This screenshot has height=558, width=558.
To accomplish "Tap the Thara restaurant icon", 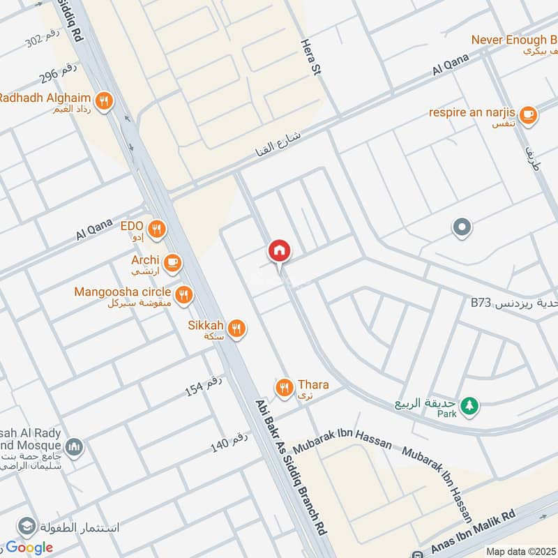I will tap(284, 388).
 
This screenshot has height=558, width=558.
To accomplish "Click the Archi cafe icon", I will tap(173, 263).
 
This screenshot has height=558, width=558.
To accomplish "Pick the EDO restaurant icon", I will tap(157, 227).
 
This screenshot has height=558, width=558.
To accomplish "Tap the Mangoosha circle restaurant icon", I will tap(184, 294).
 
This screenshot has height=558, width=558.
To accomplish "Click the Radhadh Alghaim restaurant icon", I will tap(105, 101).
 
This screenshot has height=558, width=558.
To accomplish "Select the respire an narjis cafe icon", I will tap(528, 114).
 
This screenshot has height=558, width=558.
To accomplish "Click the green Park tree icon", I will tap(470, 405).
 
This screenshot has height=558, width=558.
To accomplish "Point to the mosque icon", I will tap(75, 447).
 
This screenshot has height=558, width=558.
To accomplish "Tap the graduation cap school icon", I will tap(27, 526).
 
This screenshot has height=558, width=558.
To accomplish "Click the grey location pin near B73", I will tap(461, 227).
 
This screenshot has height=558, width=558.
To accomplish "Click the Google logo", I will tap(29, 548).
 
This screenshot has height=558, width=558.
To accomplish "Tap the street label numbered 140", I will tap(230, 442).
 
